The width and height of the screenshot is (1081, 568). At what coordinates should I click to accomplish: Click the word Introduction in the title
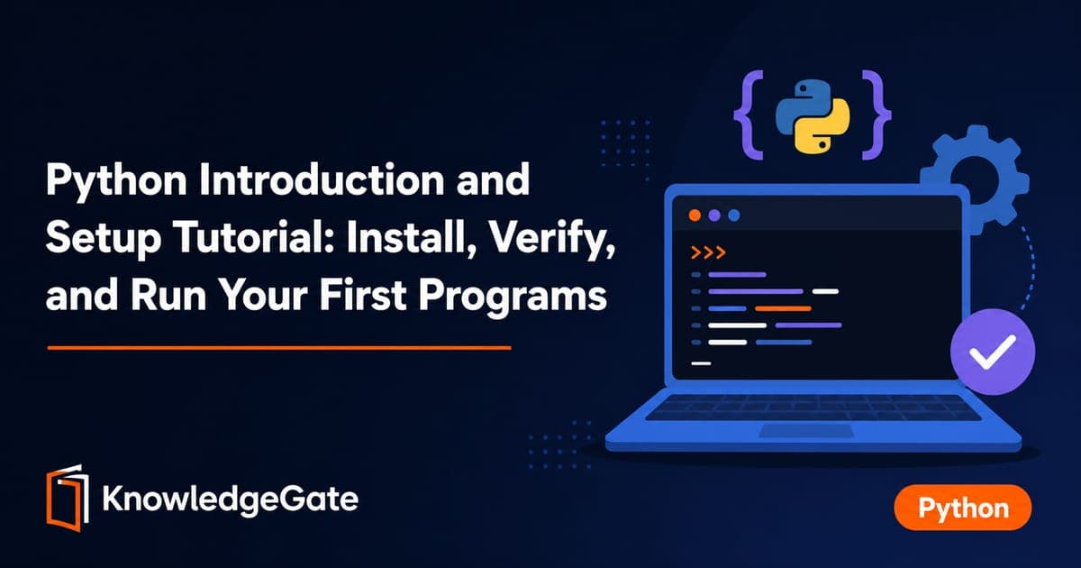pyautogui.click(x=322, y=179)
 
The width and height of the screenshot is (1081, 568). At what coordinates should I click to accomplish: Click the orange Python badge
pyautogui.click(x=963, y=508)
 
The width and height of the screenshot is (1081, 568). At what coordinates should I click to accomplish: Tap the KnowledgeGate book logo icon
pyautogui.click(x=68, y=498)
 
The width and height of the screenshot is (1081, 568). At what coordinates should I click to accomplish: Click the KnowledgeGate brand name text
pyautogui.click(x=231, y=499)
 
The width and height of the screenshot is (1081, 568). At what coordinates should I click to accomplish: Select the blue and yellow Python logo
pyautogui.click(x=813, y=116)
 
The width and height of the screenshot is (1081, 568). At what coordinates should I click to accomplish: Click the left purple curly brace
pyautogui.click(x=749, y=115)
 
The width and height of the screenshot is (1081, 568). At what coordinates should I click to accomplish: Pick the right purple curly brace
pyautogui.click(x=877, y=115)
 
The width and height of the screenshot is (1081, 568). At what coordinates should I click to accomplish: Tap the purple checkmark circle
pyautogui.click(x=993, y=352)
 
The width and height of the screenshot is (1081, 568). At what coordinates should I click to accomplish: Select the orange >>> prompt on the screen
pyautogui.click(x=708, y=252)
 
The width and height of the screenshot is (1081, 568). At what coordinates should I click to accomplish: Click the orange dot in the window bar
pyautogui.click(x=695, y=215)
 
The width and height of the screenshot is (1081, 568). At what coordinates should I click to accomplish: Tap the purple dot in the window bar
pyautogui.click(x=714, y=215)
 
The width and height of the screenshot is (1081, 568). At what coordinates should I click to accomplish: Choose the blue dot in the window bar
pyautogui.click(x=734, y=215)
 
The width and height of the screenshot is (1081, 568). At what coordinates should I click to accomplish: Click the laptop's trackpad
pyautogui.click(x=806, y=431)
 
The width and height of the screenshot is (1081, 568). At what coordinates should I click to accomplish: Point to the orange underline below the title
pyautogui.click(x=279, y=347)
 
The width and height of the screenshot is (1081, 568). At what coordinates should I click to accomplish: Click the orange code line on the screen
pyautogui.click(x=783, y=308)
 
